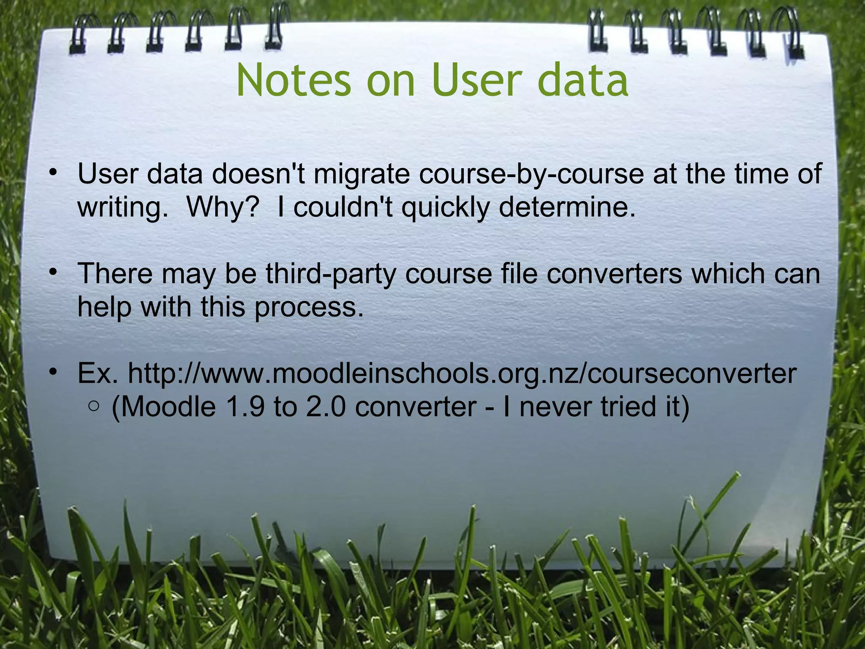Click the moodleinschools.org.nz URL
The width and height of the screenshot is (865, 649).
click(x=462, y=374)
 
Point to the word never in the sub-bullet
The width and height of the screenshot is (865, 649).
click(x=556, y=407)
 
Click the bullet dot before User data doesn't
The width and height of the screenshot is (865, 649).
click(x=52, y=172)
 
